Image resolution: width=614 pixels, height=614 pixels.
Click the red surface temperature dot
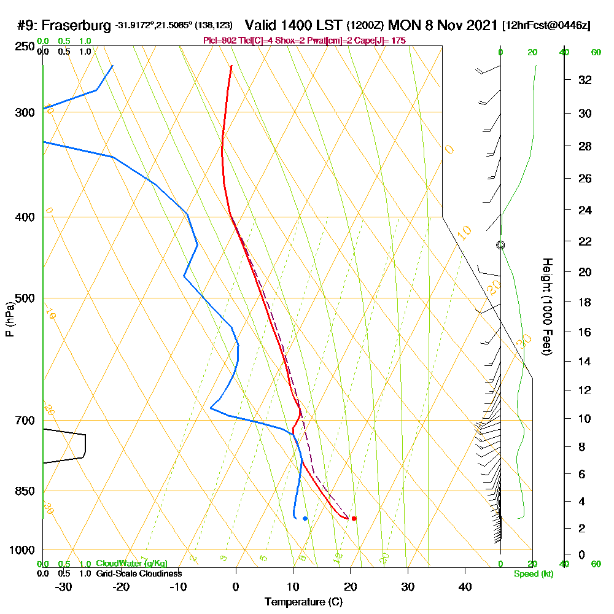[354, 519]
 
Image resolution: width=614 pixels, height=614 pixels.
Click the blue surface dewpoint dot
[305, 519]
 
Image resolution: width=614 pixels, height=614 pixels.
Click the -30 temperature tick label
[63, 587]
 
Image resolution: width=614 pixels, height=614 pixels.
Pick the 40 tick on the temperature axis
[465, 587]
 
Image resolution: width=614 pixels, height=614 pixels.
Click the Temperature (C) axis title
[303, 602]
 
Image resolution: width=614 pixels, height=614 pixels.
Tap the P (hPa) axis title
[9, 319]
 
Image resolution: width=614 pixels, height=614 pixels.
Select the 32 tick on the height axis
[585, 80]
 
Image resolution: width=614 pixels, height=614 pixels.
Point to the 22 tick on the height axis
[585, 241]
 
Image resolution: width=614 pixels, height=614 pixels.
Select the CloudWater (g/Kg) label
[131, 564]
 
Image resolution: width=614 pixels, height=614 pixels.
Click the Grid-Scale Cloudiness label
[139, 573]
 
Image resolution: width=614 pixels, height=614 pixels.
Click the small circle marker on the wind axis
[500, 245]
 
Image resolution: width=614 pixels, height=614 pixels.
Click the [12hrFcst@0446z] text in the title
[546, 26]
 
